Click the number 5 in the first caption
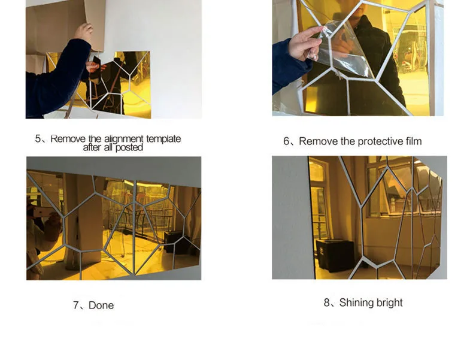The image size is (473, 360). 38,139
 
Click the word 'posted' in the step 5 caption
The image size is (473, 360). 129,148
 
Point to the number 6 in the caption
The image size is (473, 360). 286,141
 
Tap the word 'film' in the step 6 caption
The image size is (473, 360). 414,141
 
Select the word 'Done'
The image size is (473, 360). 101,305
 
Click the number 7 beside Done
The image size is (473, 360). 76,305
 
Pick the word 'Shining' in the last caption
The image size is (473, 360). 354,303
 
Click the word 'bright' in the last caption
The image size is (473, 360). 387,303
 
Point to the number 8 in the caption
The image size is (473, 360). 327,302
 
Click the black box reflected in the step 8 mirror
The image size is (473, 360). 335,255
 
